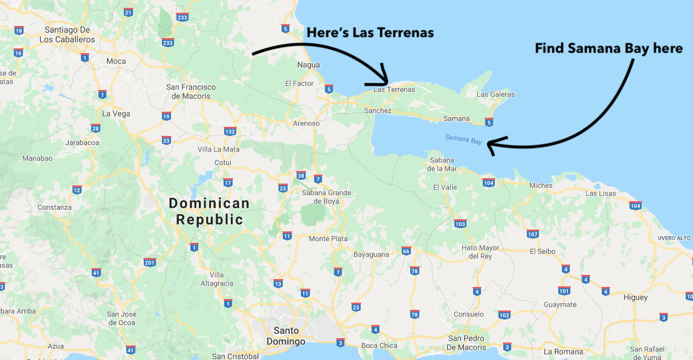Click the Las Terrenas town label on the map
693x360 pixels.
click(395, 90)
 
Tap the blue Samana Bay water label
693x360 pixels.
click(463, 139)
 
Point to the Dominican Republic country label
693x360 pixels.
click(209, 211)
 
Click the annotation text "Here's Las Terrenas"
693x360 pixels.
click(370, 33)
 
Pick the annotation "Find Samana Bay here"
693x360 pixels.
click(608, 48)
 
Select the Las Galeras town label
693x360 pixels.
click(495, 94)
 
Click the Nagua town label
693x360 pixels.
click(309, 65)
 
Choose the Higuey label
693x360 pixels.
click(635, 297)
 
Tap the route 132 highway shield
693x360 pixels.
click(230, 131)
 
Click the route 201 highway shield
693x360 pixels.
click(150, 262)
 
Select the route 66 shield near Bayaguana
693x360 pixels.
click(406, 251)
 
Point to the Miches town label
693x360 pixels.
click(541, 185)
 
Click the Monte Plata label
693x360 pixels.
click(328, 239)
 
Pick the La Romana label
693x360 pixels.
click(564, 352)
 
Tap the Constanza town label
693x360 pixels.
click(54, 207)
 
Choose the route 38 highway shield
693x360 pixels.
click(301, 176)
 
